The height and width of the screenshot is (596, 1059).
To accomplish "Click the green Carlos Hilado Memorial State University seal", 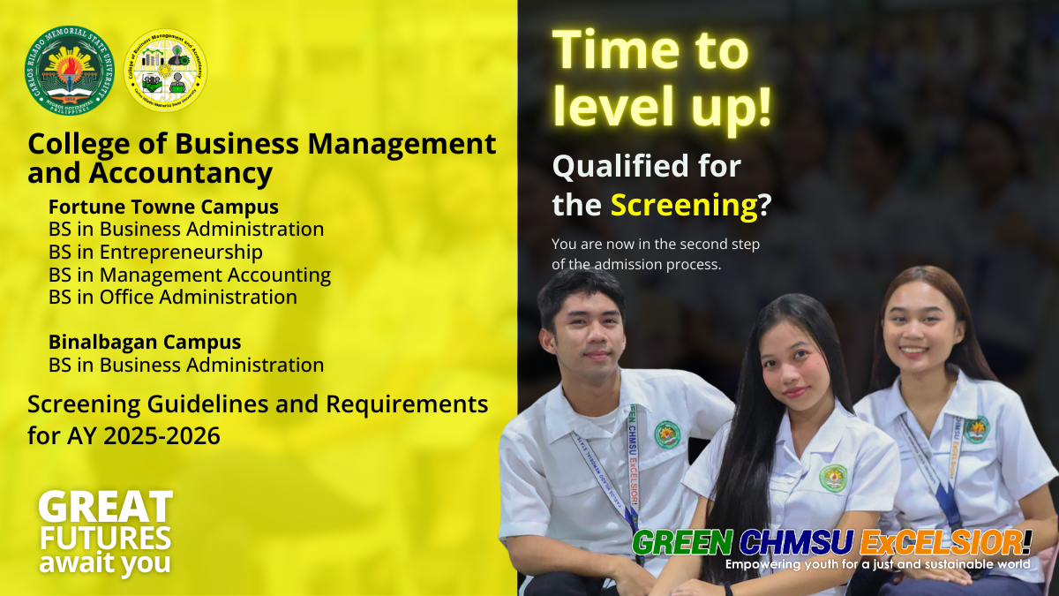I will click(x=69, y=69).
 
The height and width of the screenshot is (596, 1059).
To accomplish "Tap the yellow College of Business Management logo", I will click(x=168, y=70).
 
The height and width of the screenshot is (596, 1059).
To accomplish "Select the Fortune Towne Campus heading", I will click(x=163, y=207).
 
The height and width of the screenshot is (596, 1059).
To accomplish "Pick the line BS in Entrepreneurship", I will click(x=155, y=253).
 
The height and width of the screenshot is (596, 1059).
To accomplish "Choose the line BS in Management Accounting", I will click(x=190, y=275).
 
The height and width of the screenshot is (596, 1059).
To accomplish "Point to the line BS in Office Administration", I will click(x=173, y=298).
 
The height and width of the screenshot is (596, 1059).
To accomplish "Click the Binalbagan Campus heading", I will click(x=145, y=343).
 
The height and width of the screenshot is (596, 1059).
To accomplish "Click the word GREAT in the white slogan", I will click(x=105, y=507).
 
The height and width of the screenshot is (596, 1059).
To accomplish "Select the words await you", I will click(x=104, y=563).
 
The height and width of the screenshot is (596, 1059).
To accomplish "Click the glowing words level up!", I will click(x=662, y=106).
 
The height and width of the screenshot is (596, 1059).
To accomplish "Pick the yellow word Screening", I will click(x=684, y=206).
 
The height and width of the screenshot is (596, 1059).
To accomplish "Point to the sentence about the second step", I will click(x=656, y=254).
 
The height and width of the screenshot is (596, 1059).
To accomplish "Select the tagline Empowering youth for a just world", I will click(x=877, y=563).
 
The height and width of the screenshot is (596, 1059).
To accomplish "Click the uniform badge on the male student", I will click(x=667, y=434).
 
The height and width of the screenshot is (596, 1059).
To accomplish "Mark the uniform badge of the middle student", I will click(x=832, y=478).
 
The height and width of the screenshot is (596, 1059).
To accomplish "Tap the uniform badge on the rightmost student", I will click(x=975, y=430).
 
